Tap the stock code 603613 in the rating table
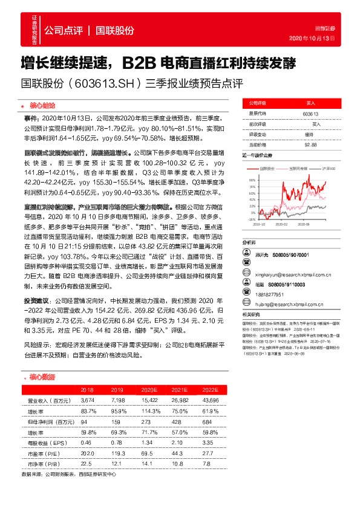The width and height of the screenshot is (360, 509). click(310, 114)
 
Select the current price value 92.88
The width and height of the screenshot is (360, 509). click(310, 144)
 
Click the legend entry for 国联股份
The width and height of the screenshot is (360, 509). click(266, 168)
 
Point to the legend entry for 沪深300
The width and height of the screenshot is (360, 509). click(328, 168)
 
